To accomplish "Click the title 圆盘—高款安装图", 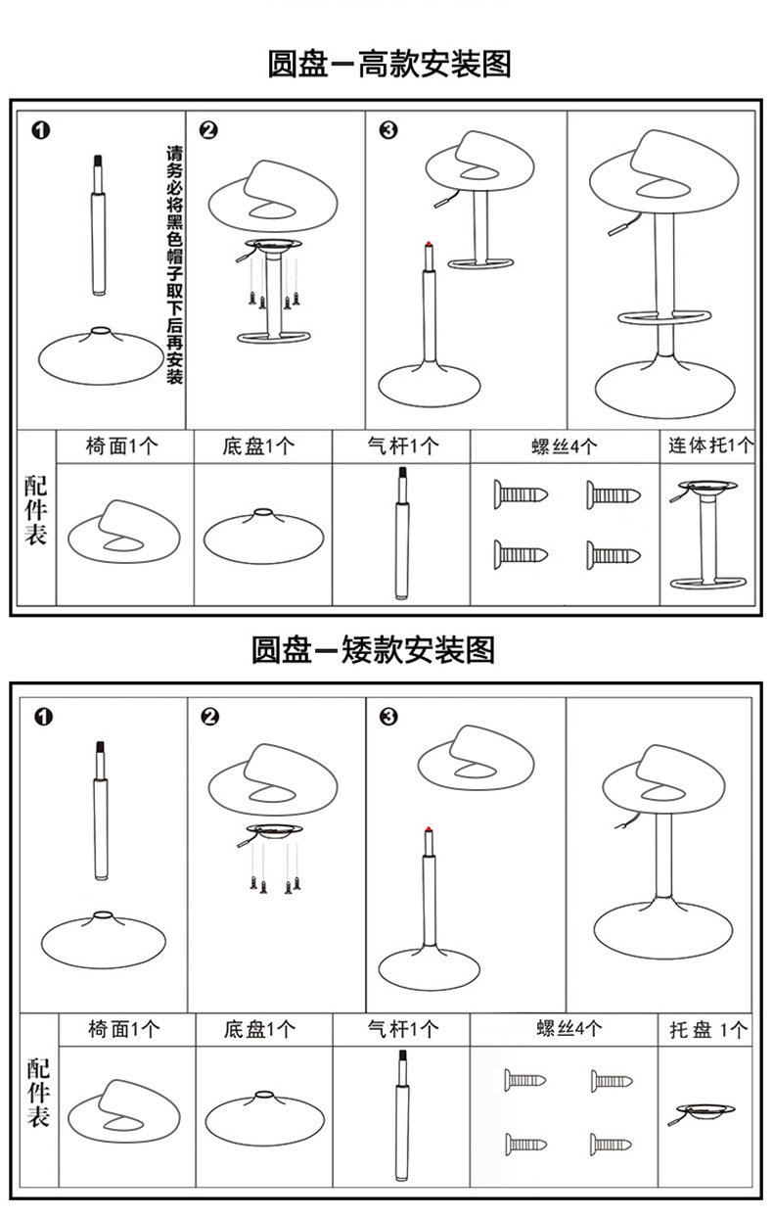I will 388,65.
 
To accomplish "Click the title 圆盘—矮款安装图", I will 373,648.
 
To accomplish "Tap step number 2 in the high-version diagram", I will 207,131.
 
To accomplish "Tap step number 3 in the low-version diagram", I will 388,718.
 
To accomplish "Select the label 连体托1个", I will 710,446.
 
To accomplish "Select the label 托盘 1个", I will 708,1030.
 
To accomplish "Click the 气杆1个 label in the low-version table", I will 402,1030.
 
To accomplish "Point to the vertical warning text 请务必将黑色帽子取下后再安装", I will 175,264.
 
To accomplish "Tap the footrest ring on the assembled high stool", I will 663,317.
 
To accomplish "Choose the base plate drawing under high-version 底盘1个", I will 262,536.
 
